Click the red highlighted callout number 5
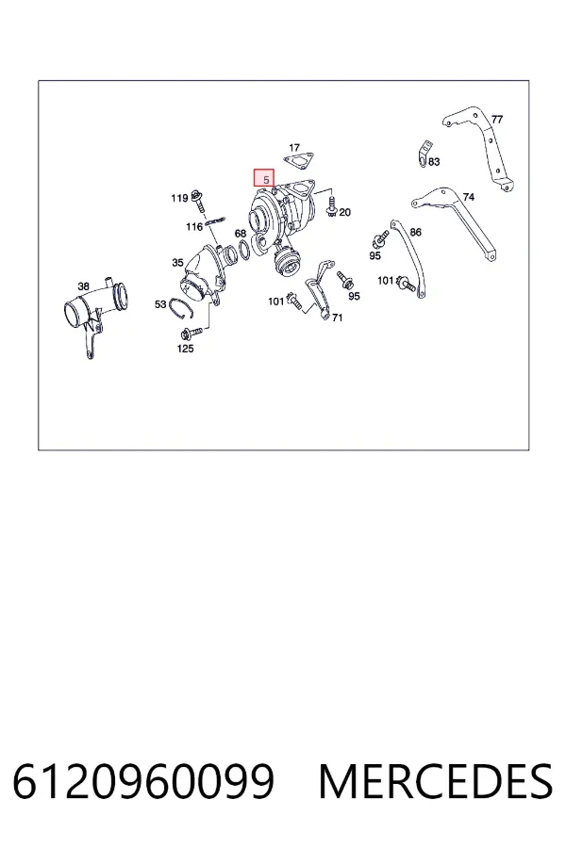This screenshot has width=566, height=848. [266, 180]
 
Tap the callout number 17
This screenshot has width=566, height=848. [294, 147]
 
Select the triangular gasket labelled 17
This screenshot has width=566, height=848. [298, 162]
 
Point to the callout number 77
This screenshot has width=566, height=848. [497, 119]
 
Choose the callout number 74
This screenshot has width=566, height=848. [469, 197]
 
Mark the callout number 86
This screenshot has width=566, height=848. [415, 232]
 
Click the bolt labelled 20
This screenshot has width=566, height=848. [331, 206]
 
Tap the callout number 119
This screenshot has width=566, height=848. [179, 198]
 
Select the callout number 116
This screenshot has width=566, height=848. [194, 226]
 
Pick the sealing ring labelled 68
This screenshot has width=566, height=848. [245, 250]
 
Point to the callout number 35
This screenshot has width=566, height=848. [177, 263]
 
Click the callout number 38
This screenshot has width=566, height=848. [83, 286]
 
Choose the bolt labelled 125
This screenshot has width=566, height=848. [191, 332]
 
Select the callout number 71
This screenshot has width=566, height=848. [337, 318]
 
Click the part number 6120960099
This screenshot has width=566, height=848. [143, 781]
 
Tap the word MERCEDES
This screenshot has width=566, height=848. [436, 781]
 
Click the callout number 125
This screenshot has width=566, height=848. [185, 349]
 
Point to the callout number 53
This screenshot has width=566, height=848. [160, 304]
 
